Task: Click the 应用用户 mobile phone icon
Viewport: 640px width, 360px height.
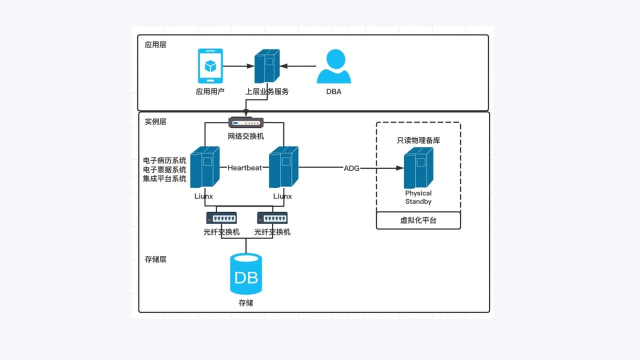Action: pos(210,66)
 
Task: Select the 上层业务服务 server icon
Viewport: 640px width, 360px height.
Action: pos(267,66)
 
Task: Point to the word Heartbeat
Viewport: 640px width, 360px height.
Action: pos(245,168)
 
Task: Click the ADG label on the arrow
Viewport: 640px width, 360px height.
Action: pos(351,168)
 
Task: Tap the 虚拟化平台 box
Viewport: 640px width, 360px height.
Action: pos(418,220)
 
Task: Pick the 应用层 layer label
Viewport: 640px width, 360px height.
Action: pos(155,44)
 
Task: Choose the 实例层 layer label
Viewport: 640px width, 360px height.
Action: pos(155,121)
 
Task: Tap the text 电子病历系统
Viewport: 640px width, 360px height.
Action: pos(164,160)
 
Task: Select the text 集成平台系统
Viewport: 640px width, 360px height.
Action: pos(164,178)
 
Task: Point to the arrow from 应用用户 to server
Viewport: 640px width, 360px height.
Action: pos(238,66)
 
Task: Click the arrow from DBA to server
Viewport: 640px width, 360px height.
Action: pos(298,66)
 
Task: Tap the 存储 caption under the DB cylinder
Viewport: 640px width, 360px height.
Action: pos(246,303)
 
